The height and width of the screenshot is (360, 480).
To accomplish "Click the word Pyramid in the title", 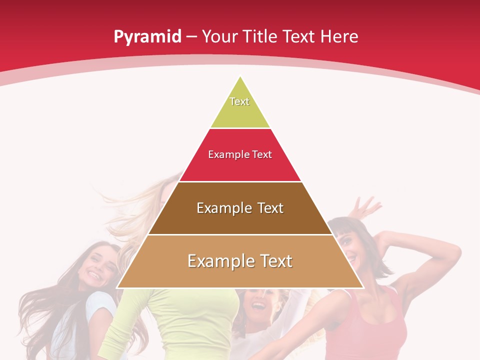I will (x=147, y=37).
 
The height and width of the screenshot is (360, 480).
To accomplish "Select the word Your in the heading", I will (x=218, y=36).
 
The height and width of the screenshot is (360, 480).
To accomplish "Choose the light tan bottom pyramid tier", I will (x=240, y=275).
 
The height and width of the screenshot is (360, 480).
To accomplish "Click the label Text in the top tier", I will (x=239, y=101).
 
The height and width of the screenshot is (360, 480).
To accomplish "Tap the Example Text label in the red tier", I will (x=240, y=154).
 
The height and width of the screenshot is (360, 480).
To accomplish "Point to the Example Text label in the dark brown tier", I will (x=240, y=208).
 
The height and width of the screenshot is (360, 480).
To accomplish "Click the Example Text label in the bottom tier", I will (x=240, y=261).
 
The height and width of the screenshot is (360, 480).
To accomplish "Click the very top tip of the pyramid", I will (x=240, y=78).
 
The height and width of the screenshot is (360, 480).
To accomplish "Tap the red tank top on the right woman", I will (x=370, y=325).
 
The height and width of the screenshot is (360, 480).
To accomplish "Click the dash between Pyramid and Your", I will (x=191, y=37).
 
